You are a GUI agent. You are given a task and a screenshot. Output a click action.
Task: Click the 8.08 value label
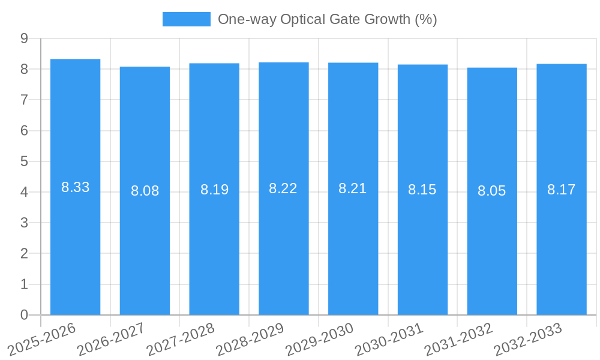(x=145, y=191)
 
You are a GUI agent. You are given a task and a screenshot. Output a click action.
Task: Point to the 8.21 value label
(x=352, y=188)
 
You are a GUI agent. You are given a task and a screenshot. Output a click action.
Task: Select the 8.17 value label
(x=561, y=190)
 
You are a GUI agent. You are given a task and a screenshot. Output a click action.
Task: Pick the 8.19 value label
(x=214, y=190)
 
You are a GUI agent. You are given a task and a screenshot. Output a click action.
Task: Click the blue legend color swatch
(x=186, y=19)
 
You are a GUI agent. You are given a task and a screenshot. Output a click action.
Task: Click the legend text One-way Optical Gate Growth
(x=327, y=19)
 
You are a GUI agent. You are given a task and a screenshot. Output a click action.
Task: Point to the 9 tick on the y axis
(x=24, y=38)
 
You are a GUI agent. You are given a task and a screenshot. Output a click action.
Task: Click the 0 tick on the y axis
(x=24, y=315)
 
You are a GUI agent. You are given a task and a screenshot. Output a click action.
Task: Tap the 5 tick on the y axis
(x=24, y=161)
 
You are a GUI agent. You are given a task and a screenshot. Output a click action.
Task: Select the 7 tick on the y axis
(x=24, y=100)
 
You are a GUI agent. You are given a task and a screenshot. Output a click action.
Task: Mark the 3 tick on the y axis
(x=24, y=223)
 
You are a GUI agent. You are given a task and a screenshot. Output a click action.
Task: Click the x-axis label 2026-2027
(x=110, y=340)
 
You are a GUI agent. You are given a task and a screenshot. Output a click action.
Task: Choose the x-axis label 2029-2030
(x=319, y=340)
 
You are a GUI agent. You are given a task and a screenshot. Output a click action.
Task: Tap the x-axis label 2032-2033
(x=527, y=340)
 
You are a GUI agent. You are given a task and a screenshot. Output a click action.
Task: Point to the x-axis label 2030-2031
(x=388, y=340)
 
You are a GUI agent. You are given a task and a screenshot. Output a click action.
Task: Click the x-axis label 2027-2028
(x=180, y=340)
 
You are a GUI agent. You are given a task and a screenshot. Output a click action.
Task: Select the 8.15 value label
(x=422, y=190)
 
